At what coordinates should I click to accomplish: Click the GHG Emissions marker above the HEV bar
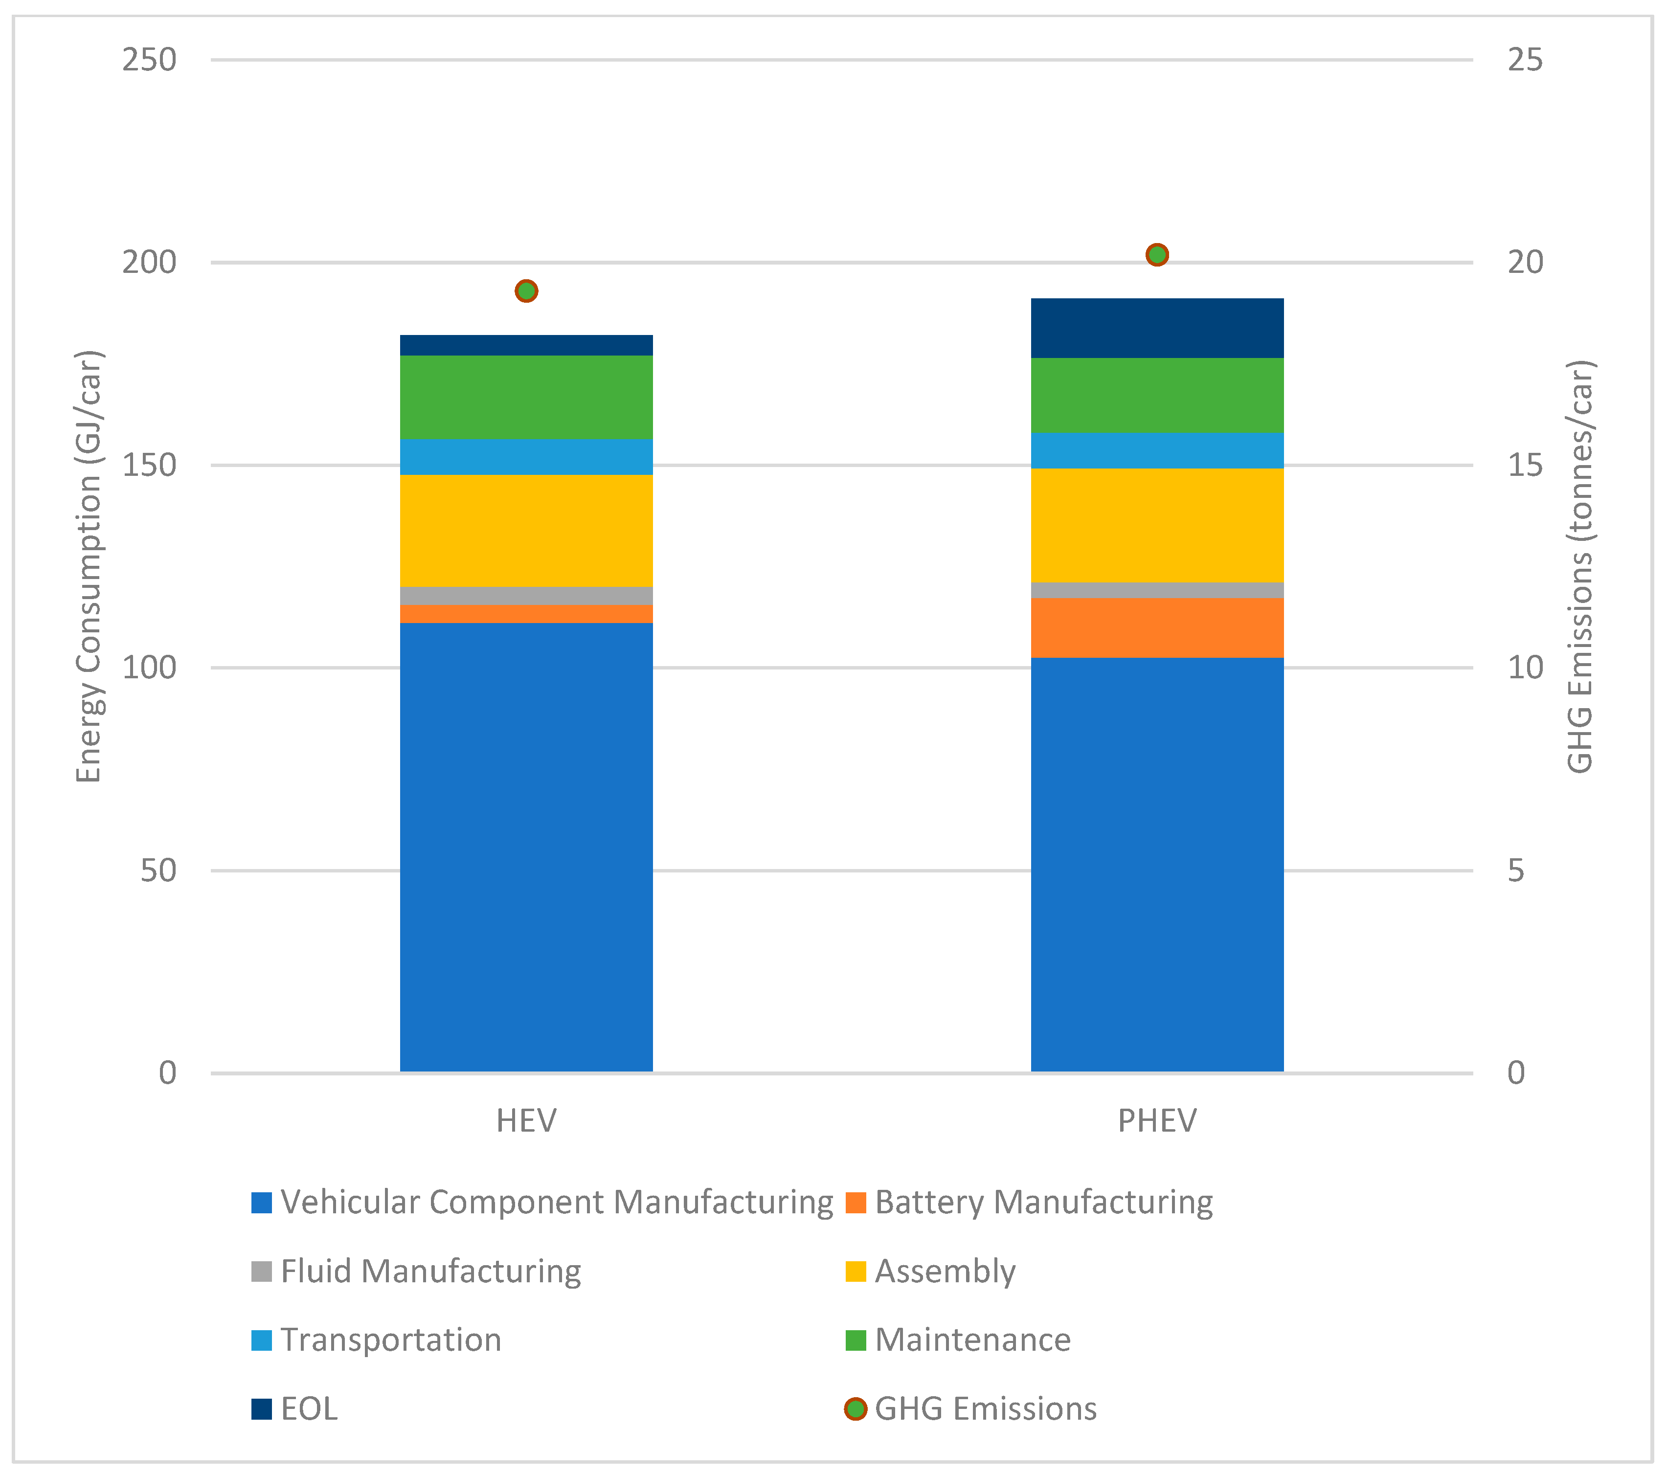(x=526, y=291)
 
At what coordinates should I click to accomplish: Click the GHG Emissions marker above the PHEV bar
(x=1156, y=254)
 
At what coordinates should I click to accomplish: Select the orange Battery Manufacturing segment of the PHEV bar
(x=1156, y=627)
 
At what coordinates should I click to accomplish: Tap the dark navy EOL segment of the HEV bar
(x=526, y=345)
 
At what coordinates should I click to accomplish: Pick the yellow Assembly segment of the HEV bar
(x=526, y=530)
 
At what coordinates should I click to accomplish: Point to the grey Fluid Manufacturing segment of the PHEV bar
(x=1156, y=590)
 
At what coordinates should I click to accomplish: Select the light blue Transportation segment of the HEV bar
(x=526, y=457)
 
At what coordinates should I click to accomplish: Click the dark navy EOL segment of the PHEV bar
(x=1156, y=328)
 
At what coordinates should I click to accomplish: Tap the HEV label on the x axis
(x=526, y=1121)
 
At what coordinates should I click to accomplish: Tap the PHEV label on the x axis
(x=1156, y=1121)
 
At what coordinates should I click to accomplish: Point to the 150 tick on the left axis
(x=149, y=465)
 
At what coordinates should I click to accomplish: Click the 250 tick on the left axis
(x=149, y=60)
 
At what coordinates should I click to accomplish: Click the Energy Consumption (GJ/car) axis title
(x=88, y=566)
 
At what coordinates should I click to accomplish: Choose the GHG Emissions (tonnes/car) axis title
(x=1580, y=566)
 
